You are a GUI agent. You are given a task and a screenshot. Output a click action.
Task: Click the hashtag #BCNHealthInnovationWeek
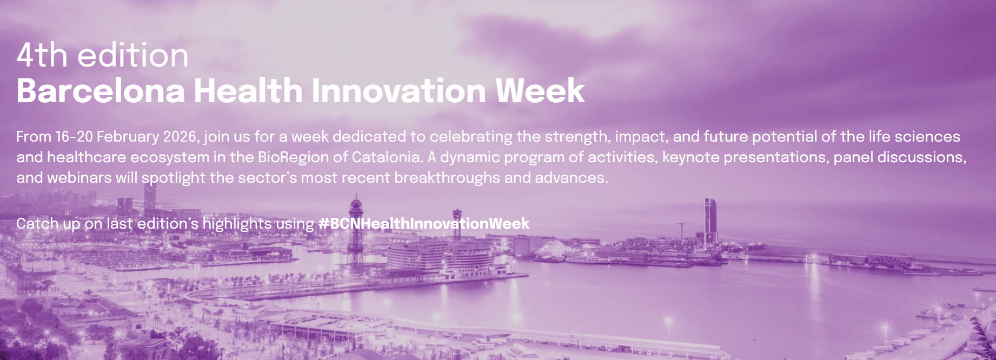coord(424,223)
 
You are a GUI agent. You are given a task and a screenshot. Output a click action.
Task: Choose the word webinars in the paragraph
coord(79,177)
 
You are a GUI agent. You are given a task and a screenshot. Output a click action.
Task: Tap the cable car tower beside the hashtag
coord(356,232)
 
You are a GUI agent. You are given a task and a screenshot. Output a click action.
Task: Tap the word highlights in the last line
coord(237,223)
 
